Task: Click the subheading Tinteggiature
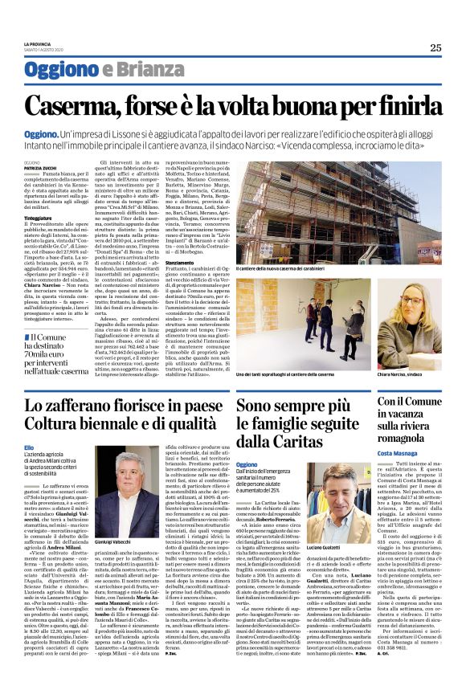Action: (x=39, y=218)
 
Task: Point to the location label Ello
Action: (x=29, y=446)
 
